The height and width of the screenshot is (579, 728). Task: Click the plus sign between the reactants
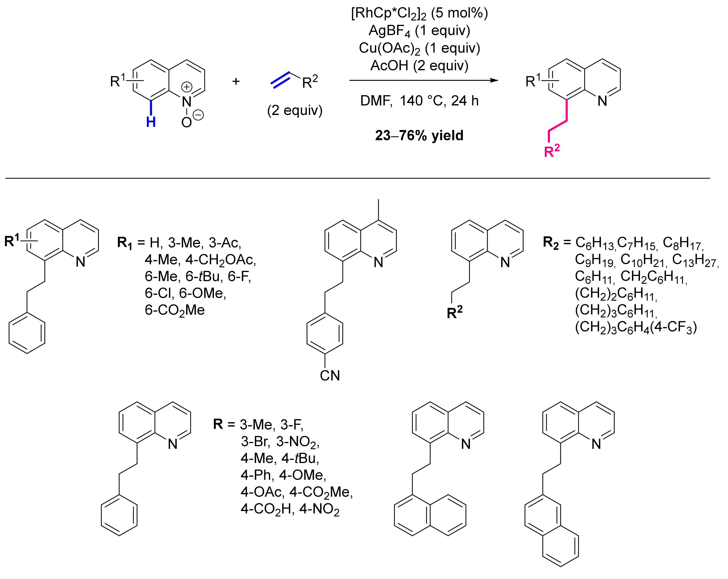click(236, 81)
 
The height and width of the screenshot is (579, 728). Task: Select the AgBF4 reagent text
click(419, 31)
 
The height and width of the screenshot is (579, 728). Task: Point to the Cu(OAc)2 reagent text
click(419, 48)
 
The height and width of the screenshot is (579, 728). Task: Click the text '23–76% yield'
click(419, 135)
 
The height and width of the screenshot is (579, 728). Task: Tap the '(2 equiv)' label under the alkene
click(295, 110)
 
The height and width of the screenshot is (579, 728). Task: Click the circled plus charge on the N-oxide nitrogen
click(187, 87)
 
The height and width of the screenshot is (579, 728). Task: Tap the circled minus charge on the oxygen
click(199, 115)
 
